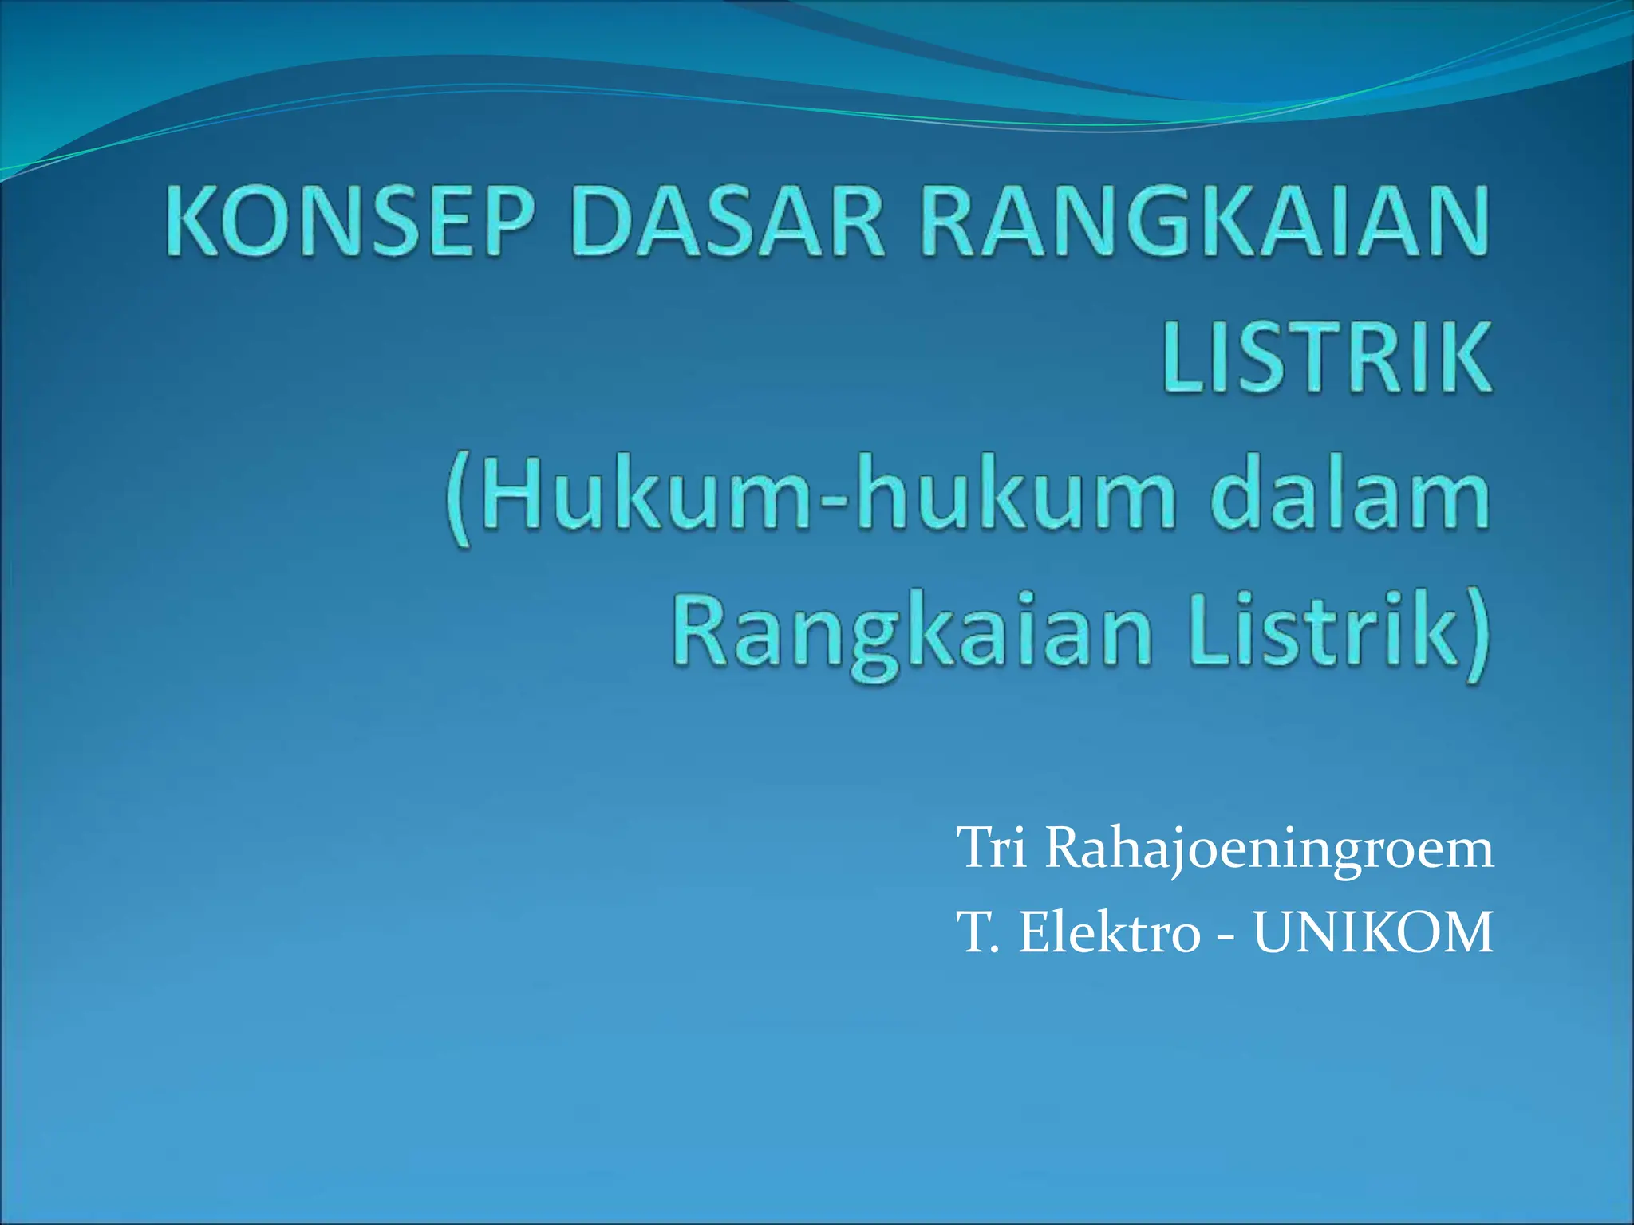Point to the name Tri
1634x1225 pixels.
[x=991, y=849]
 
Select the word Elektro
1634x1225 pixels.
[x=1109, y=933]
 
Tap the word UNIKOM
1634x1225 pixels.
[x=1372, y=933]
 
